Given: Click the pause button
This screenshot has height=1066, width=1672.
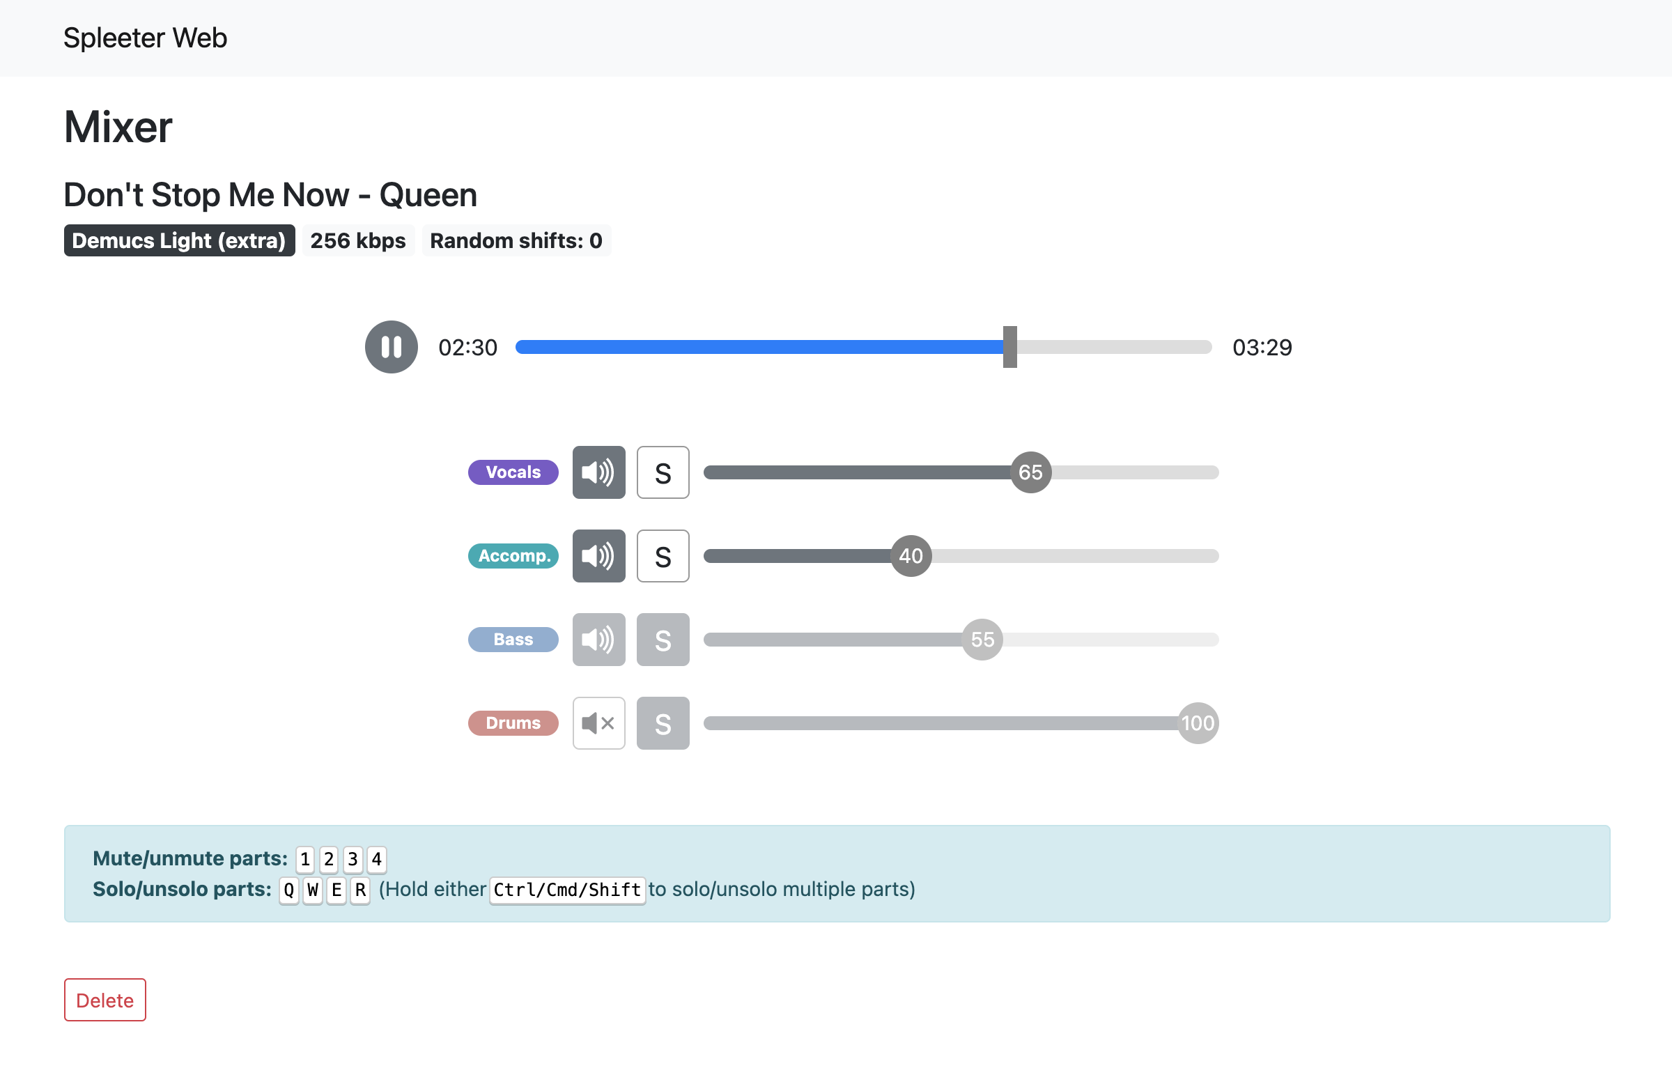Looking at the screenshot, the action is coord(391,347).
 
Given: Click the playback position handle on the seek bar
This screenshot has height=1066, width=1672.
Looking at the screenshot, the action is coord(1009,347).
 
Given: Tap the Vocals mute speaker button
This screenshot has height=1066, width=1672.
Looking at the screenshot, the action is coord(598,472).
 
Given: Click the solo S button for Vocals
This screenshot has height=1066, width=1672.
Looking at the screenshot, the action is coord(663,472).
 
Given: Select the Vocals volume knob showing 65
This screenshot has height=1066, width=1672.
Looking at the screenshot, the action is coord(1030,472).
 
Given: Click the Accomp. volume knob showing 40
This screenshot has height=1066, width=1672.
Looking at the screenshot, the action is coord(911,556).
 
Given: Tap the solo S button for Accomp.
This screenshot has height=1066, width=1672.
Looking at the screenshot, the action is coord(663,556).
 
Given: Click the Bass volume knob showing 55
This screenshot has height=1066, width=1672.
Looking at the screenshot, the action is coord(982,640).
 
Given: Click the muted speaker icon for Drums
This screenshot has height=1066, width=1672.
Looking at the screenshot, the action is coord(598,723).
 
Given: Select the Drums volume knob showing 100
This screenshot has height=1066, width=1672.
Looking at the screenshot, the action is coord(1198,723).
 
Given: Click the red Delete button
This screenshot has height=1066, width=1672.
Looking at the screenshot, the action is coord(105,1000).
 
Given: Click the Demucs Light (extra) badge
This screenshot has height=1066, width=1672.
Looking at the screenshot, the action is coord(179,240).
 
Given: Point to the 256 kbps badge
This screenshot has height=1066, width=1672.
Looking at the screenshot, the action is coord(358,240).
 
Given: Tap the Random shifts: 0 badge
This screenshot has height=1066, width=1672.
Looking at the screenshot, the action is coord(516,240).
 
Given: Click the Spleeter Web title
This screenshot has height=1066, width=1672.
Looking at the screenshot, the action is coord(145,38).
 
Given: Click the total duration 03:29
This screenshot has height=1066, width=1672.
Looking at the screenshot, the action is coord(1262,347).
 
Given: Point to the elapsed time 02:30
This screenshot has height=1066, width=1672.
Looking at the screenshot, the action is coord(467,347).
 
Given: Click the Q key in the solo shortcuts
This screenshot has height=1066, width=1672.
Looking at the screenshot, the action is coord(288,890).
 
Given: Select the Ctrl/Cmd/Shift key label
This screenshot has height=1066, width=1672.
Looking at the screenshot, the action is coord(567,890).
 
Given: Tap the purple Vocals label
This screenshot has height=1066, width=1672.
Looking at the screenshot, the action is coord(513,472).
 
